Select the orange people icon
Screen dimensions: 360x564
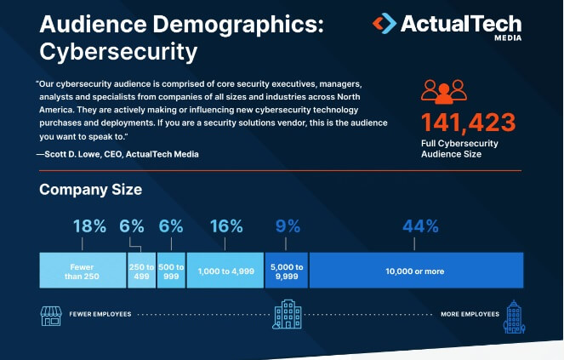point(444,90)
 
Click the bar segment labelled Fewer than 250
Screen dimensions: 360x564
point(83,270)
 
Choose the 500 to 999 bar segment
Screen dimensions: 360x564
point(170,270)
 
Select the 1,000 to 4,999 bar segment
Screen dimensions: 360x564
point(225,270)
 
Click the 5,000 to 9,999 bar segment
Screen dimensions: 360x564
point(287,270)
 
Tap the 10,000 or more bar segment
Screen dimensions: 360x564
point(415,270)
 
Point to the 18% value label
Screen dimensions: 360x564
point(89,226)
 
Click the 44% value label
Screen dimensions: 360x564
point(420,226)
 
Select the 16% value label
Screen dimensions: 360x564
point(225,226)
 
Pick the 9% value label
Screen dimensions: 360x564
point(288,226)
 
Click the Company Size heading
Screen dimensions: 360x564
point(90,190)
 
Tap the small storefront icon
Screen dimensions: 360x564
point(51,315)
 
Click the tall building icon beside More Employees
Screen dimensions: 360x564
point(513,315)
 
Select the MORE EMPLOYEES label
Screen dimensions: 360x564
point(470,315)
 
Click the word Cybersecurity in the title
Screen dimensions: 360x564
point(118,52)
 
